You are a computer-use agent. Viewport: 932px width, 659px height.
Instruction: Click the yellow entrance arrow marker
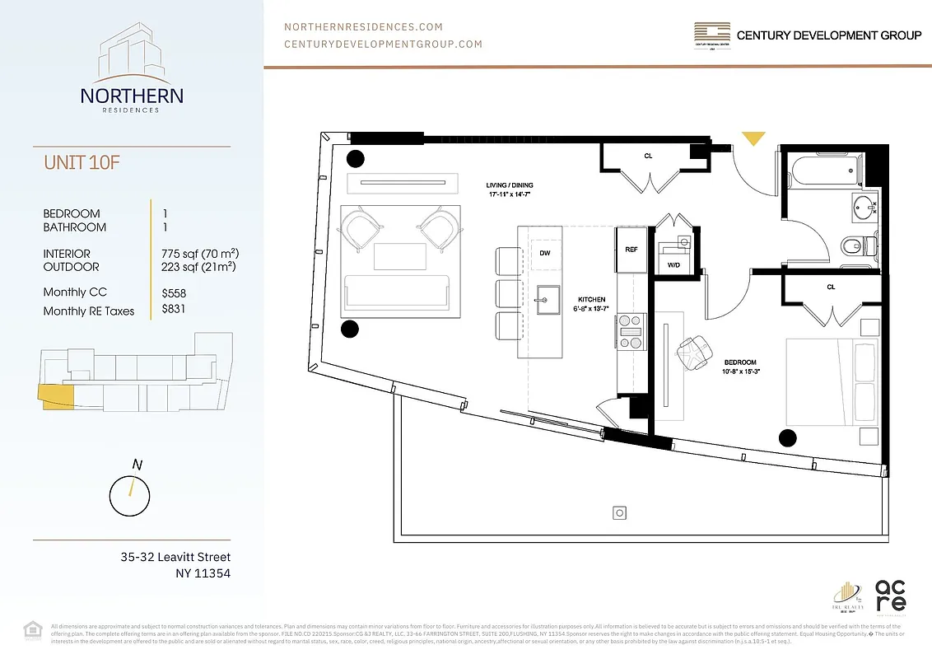click(753, 138)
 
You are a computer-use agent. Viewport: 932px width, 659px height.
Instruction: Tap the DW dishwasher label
click(545, 254)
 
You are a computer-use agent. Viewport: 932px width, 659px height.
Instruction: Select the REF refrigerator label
click(631, 248)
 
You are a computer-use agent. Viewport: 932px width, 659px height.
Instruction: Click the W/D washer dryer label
click(673, 265)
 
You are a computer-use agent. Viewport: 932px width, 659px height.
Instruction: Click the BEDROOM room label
click(741, 362)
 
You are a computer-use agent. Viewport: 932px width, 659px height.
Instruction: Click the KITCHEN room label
click(591, 300)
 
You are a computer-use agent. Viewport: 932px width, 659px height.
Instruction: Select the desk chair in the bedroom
click(692, 351)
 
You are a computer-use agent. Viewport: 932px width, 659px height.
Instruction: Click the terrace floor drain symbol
click(619, 513)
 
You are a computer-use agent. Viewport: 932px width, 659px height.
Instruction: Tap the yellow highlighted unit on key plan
click(56, 398)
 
